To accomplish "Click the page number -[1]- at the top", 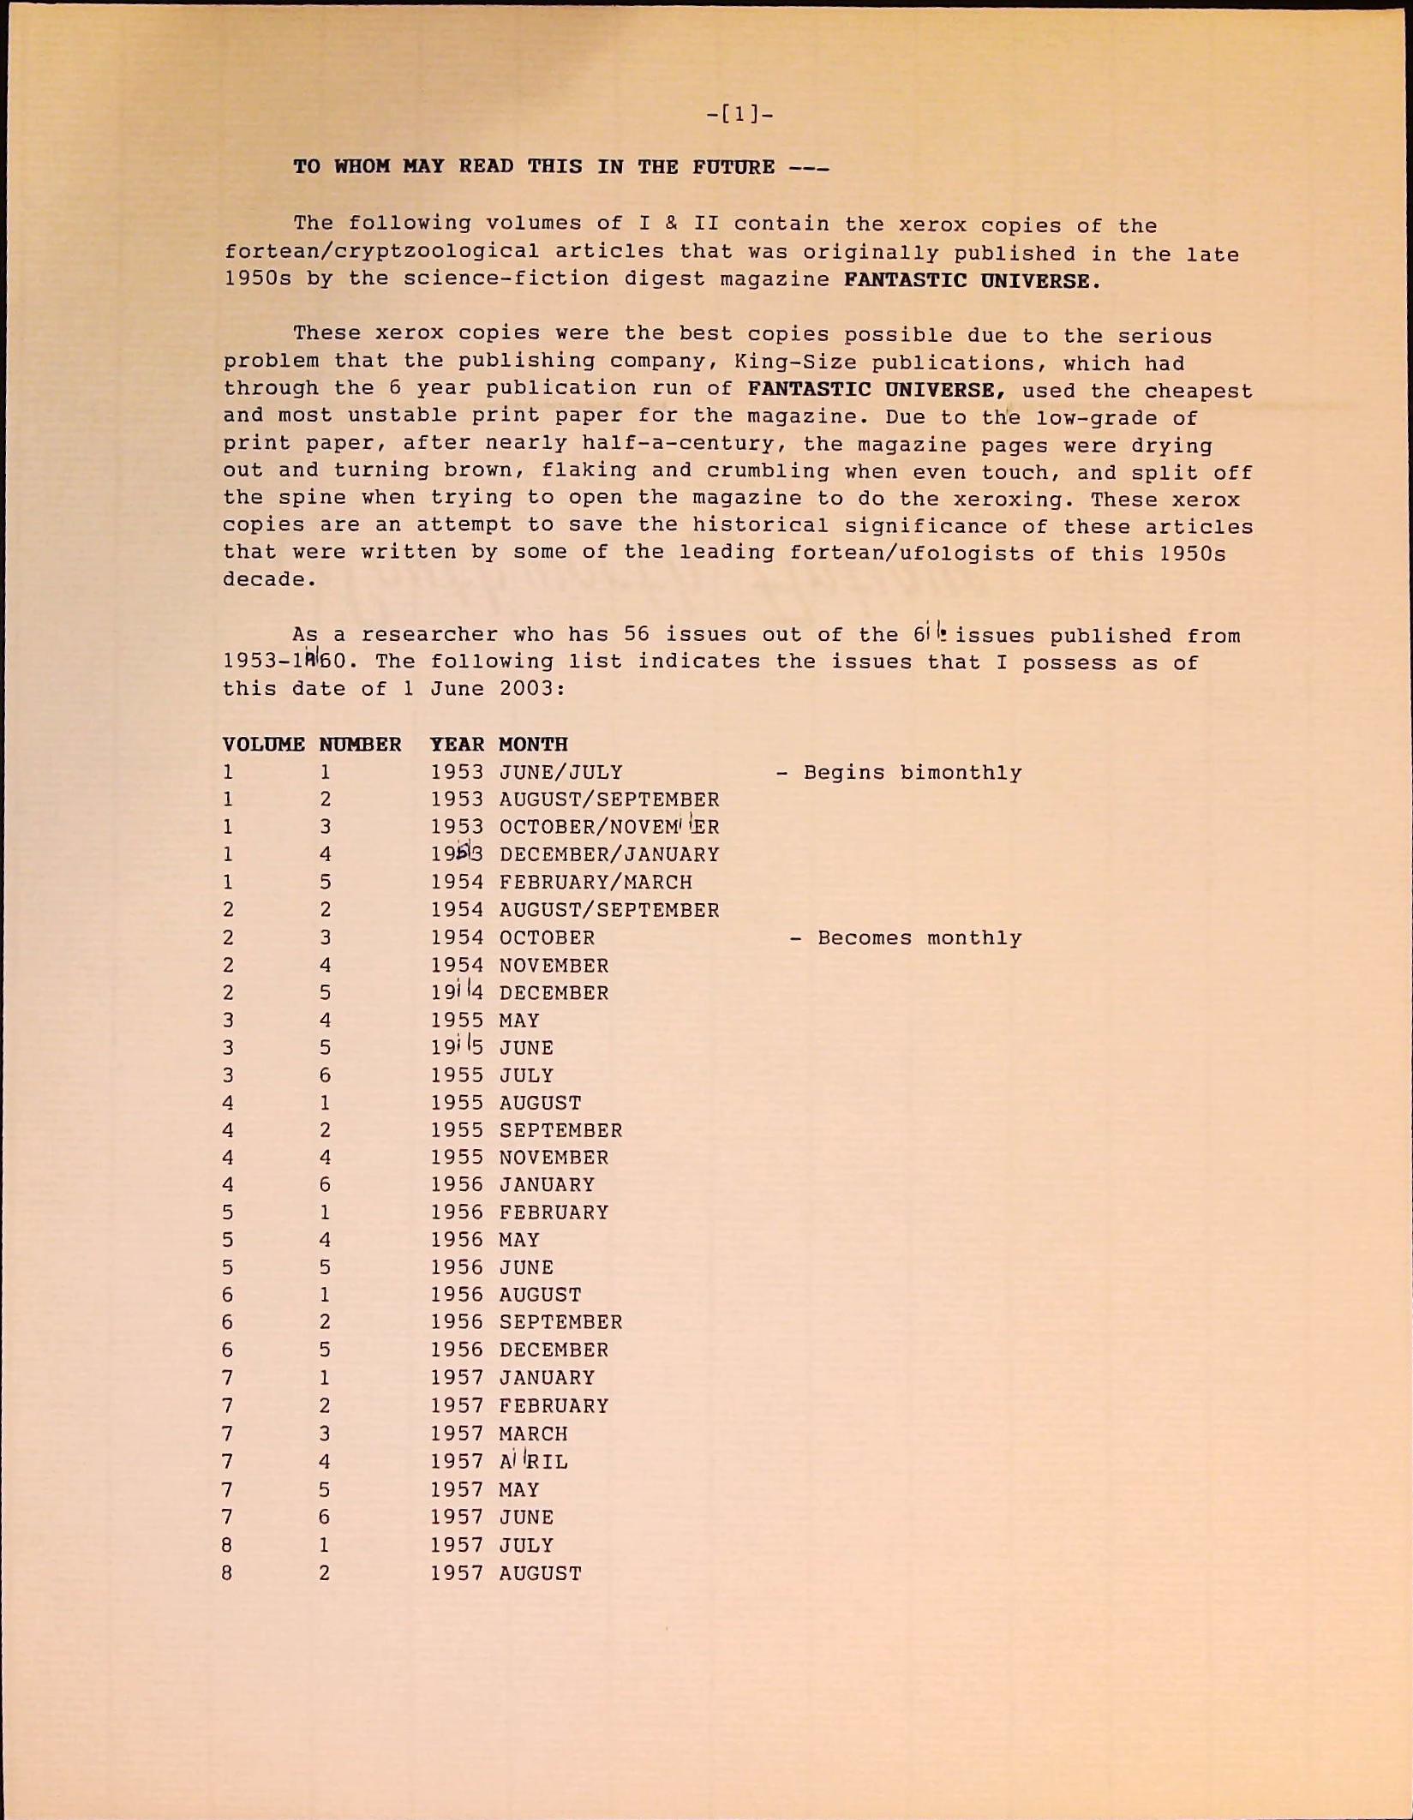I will tap(739, 113).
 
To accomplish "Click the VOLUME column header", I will tap(263, 745).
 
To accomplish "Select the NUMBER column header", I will tap(360, 745).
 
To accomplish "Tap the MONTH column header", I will tap(533, 745).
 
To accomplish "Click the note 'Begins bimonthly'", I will tap(912, 773).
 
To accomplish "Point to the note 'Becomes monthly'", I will tap(919, 938).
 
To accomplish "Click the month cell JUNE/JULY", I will tap(560, 773).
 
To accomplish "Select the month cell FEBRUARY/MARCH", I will tap(596, 883).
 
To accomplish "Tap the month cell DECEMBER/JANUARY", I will tap(609, 855).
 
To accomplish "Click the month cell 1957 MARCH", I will tap(533, 1434).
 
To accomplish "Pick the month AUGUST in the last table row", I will tap(540, 1573).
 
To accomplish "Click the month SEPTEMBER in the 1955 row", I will tap(560, 1130).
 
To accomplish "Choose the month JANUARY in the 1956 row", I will tap(547, 1185).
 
